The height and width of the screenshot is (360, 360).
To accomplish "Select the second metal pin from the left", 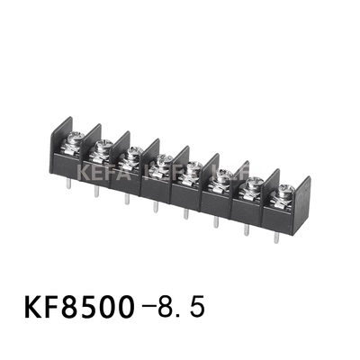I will (x=96, y=193).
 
